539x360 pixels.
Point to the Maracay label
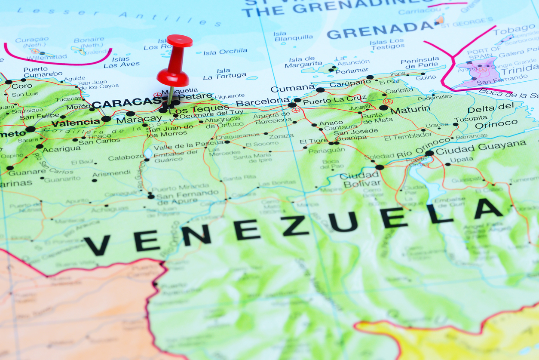coord(139,119)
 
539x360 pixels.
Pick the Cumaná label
coord(293,89)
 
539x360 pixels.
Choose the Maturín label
coord(410,109)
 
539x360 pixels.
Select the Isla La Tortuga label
coord(225,74)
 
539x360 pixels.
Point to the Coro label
coord(22,86)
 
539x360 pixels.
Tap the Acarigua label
coord(61,149)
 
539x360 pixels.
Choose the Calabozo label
coord(126,158)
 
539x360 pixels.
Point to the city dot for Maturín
coord(383,108)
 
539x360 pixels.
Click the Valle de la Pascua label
coord(189,145)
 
